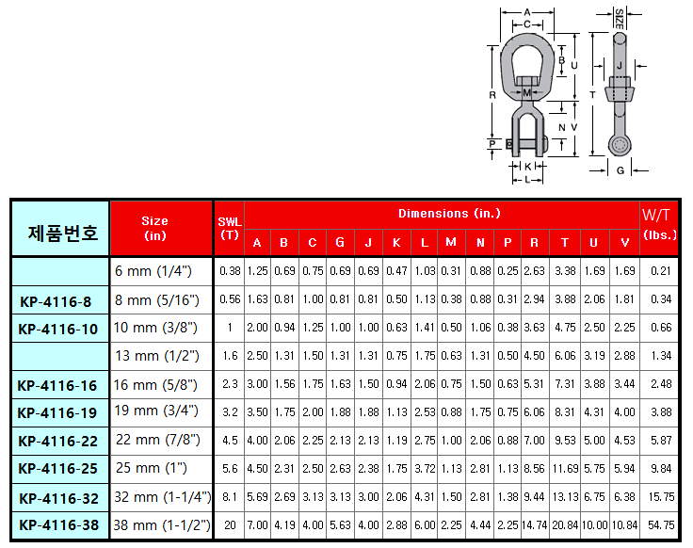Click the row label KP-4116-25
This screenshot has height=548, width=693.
[x=57, y=469]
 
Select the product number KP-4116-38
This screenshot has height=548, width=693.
[x=58, y=525]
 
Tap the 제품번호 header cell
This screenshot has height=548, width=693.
[x=62, y=233]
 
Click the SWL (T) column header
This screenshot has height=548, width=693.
[x=230, y=229]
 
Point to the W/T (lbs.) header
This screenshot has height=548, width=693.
[x=659, y=224]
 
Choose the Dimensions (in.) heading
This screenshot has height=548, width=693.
[x=449, y=214]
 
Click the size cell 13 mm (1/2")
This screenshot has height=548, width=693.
[x=157, y=356]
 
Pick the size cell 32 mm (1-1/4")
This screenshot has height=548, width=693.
[x=163, y=497]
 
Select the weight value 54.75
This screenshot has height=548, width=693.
[x=661, y=525]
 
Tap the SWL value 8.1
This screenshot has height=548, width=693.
[x=230, y=497]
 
